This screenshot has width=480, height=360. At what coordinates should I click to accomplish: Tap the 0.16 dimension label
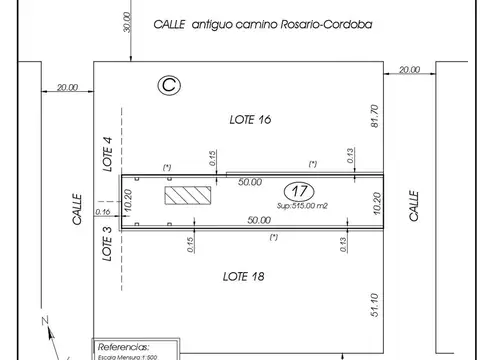pos(102,211)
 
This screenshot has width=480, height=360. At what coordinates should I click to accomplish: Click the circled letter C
pos(169,87)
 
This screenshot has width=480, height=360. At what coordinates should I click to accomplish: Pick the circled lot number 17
pos(296,190)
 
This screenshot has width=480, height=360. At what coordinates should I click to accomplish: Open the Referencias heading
pos(127,340)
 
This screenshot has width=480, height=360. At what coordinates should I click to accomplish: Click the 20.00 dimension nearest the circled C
pos(67,88)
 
